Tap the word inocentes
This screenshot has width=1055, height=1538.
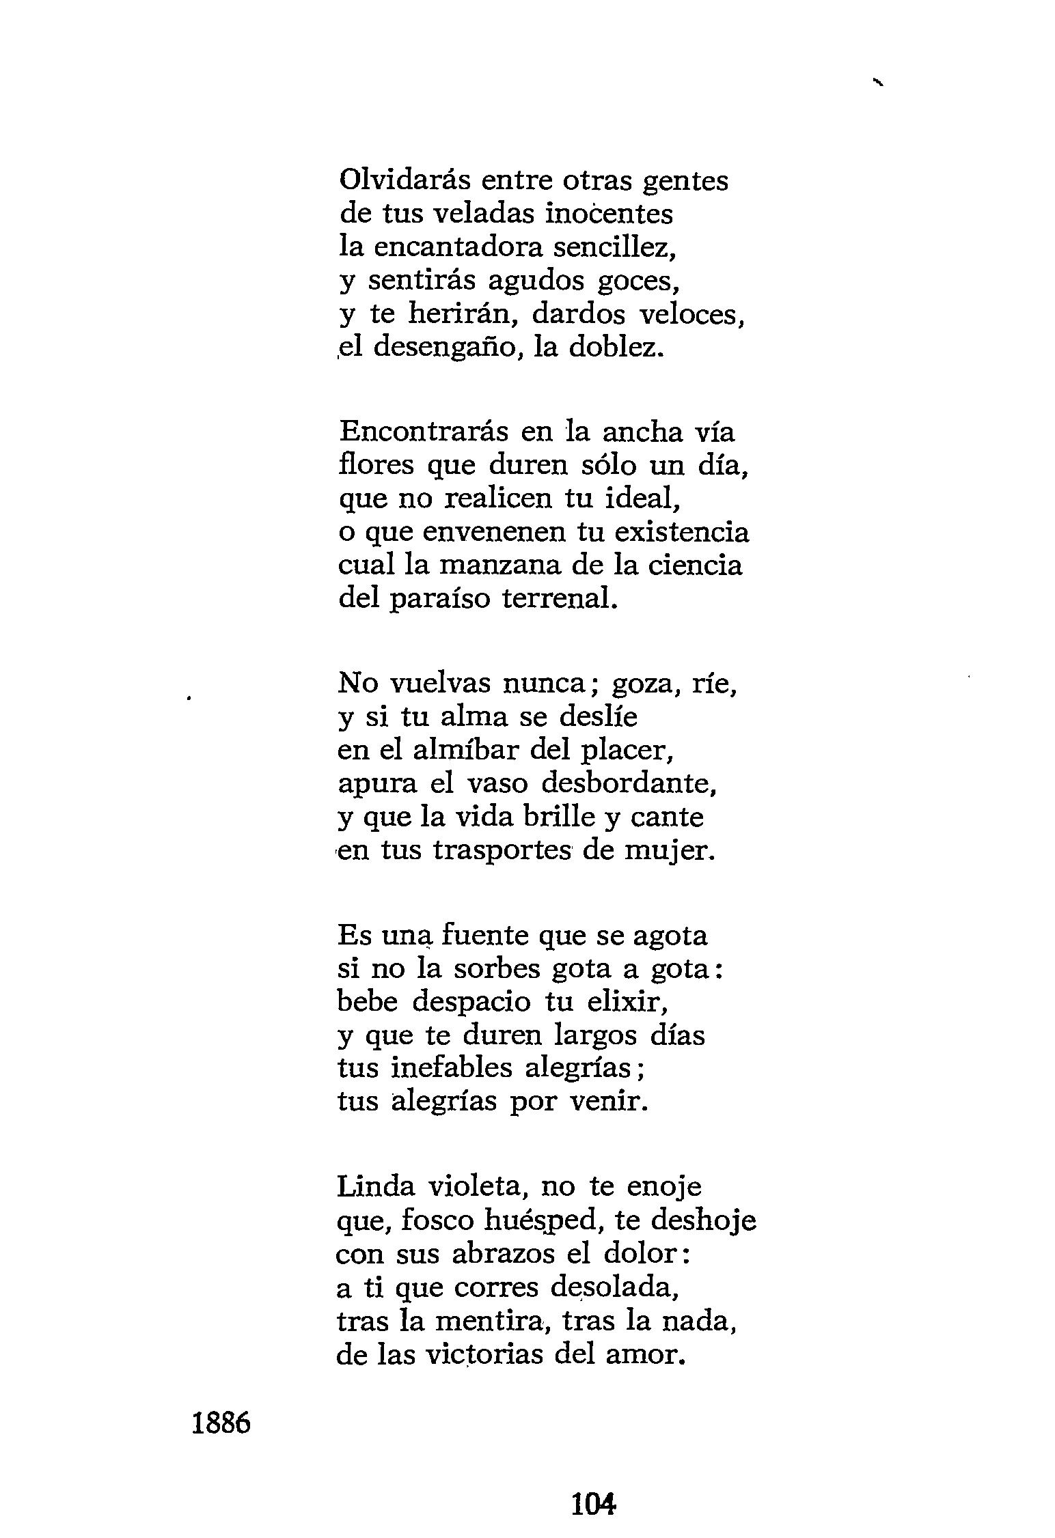610,214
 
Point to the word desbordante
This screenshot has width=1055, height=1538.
629,783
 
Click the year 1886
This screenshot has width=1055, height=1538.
221,1423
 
